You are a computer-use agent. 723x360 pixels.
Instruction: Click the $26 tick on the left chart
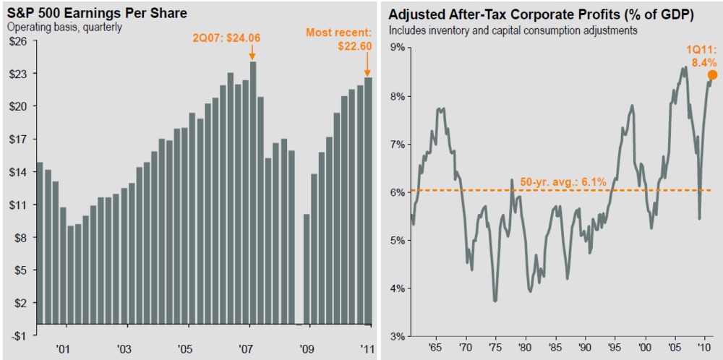(x=17, y=40)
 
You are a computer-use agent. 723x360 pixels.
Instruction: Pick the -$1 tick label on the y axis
(x=17, y=335)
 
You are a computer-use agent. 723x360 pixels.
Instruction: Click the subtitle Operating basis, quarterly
(x=64, y=27)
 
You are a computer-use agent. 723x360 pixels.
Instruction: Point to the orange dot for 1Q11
(x=711, y=74)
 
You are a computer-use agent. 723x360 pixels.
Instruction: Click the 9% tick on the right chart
(x=397, y=48)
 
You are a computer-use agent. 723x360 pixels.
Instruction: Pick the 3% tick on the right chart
(x=397, y=335)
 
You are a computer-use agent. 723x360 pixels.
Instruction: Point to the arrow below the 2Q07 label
(x=252, y=53)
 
